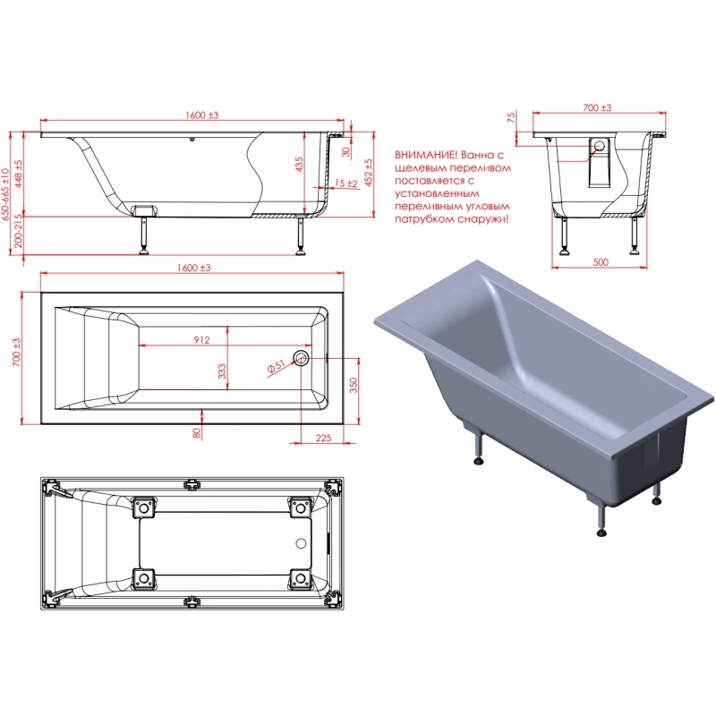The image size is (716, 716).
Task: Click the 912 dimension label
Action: (201, 340)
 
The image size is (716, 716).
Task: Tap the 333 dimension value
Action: (222, 371)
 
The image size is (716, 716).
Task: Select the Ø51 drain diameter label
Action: (276, 366)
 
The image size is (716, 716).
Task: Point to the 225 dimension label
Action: (323, 438)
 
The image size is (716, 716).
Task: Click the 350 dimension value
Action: (354, 386)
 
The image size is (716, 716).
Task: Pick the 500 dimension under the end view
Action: (601, 262)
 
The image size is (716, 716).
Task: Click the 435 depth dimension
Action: (299, 165)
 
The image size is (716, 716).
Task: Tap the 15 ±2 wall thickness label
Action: (346, 183)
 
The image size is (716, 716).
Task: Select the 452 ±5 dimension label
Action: (369, 173)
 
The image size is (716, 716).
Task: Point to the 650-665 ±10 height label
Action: (5, 194)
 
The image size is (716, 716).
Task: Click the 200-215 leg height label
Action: (18, 231)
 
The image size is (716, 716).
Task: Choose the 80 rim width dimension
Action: (197, 433)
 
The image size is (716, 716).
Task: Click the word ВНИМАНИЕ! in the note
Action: (426, 155)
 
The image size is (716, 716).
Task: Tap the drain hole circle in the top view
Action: (301, 357)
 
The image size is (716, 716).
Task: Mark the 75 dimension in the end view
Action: (511, 117)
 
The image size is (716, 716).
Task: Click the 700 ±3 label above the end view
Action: (597, 107)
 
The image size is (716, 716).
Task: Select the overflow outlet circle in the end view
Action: (600, 146)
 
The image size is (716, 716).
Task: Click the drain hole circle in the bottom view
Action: (301, 543)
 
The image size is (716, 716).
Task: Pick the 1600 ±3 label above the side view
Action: (202, 115)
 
